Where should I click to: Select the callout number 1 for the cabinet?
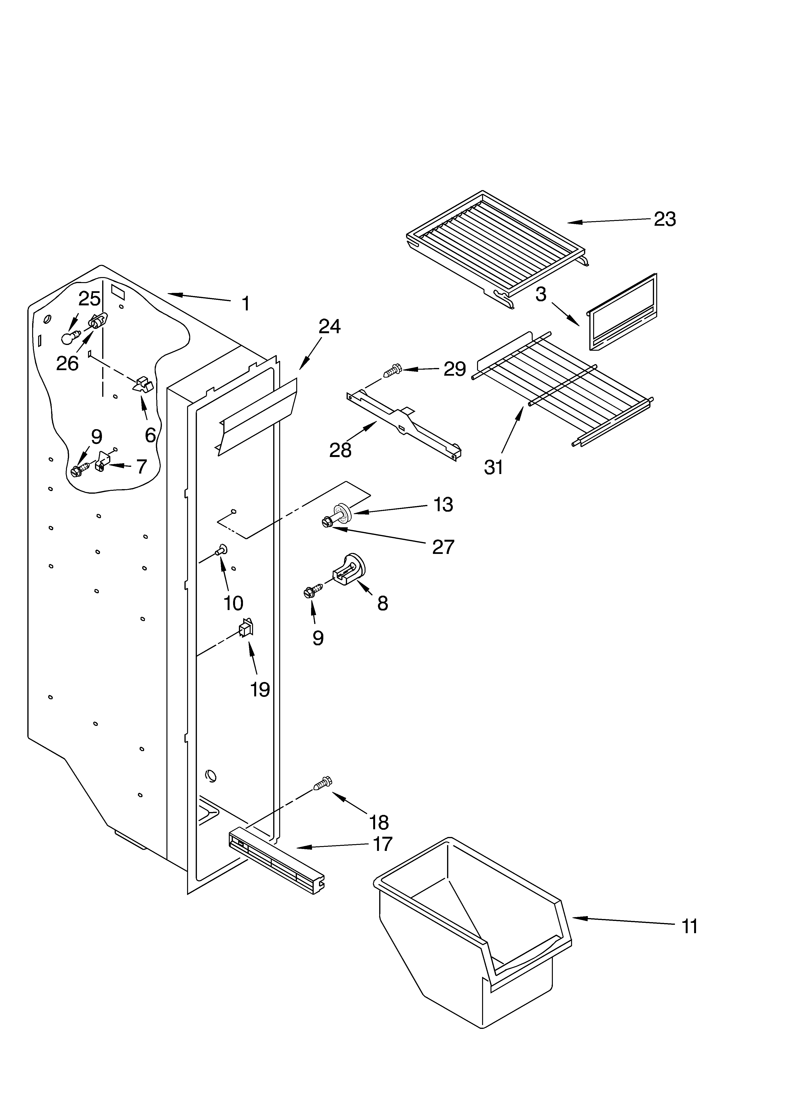tap(246, 304)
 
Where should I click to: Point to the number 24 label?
tap(330, 327)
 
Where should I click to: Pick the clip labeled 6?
tap(143, 384)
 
